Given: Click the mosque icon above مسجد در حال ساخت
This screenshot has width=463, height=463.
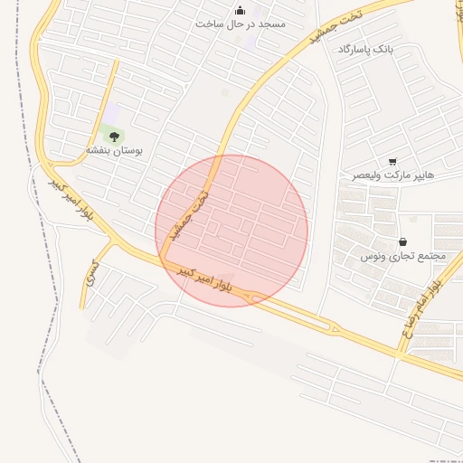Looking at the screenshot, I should coord(240,11).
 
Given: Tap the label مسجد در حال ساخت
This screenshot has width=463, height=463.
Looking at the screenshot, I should coord(240,24).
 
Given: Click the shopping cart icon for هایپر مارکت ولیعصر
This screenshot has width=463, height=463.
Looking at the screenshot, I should coord(392,161).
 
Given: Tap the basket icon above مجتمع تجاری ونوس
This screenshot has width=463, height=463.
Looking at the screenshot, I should coord(402,242).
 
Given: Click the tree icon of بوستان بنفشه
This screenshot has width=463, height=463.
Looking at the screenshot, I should coord(113,137).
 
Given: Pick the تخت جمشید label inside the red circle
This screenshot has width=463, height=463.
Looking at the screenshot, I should coord(192,211).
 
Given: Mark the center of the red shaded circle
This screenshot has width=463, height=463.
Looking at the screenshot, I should coord(231,231).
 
